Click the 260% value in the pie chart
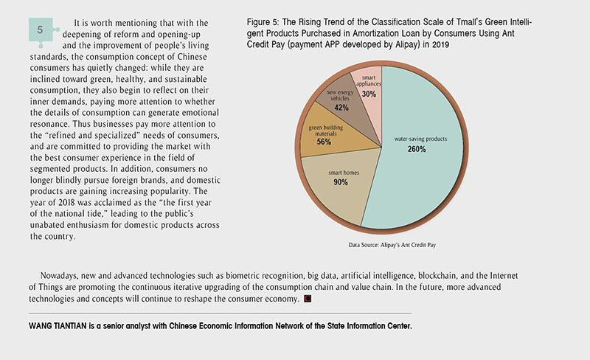tap(417, 149)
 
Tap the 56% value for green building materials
tap(324, 142)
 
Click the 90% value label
tap(341, 182)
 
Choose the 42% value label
tap(341, 108)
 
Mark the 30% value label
tap(369, 94)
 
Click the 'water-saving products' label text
tap(420, 139)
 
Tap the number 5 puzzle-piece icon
tap(41, 31)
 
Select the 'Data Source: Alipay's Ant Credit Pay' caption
tap(392, 245)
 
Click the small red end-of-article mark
tap(308, 299)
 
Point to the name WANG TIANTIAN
tap(58, 326)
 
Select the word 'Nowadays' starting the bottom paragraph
tap(58, 276)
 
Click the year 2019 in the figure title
tap(440, 44)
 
